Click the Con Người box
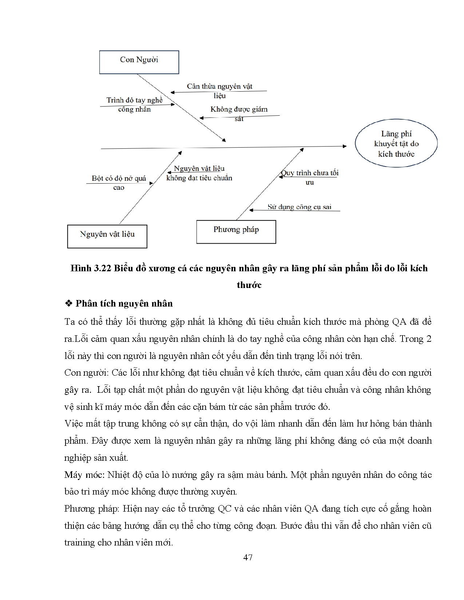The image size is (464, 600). tap(139, 62)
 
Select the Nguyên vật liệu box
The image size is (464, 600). tap(107, 236)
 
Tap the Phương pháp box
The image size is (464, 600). tap(236, 231)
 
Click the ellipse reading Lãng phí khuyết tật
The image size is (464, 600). tap(396, 144)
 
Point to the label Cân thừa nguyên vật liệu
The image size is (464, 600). tap(219, 91)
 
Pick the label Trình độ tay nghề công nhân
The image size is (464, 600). tap(134, 105)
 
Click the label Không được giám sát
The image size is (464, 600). tap(239, 113)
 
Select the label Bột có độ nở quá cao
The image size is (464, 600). tap(119, 183)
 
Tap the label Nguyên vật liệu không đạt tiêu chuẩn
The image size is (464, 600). tap(199, 173)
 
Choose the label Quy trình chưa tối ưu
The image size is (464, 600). tap(310, 177)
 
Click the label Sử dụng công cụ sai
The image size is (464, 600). tap(299, 207)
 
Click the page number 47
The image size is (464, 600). tap(248, 557)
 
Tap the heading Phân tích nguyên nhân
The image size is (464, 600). tap(124, 303)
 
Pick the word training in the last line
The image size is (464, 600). tap(80, 543)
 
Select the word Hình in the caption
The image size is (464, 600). tap(80, 268)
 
